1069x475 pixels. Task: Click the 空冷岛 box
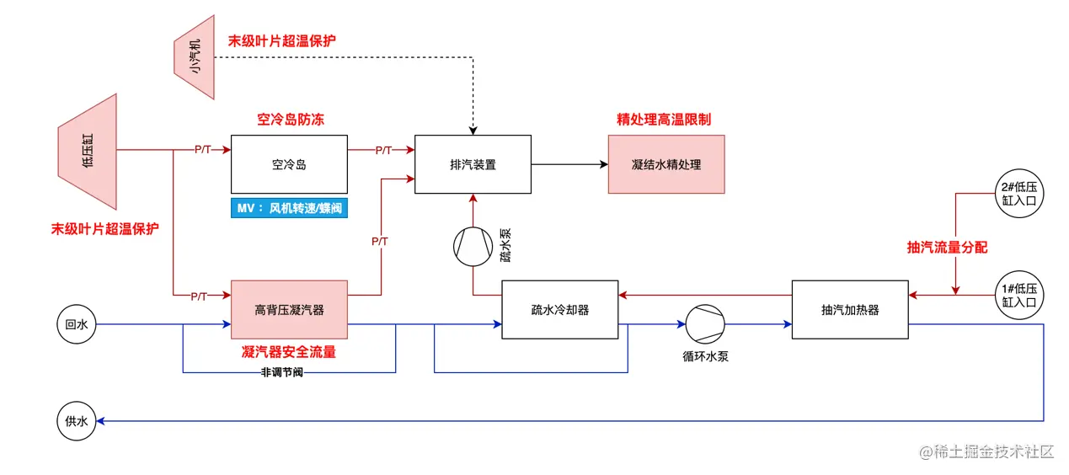click(289, 164)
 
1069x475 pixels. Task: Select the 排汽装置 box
click(473, 164)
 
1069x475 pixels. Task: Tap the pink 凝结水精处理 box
click(665, 164)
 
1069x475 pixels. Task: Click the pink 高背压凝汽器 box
click(289, 309)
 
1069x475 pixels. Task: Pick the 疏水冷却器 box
click(559, 309)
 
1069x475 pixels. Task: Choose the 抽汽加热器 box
click(850, 309)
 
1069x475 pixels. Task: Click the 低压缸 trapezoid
click(88, 152)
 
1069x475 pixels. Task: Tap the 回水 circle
click(77, 324)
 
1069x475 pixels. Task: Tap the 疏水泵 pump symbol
click(473, 246)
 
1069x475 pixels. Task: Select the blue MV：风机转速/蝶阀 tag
click(289, 208)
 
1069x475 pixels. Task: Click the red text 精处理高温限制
click(664, 120)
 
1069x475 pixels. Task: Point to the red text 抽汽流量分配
click(946, 247)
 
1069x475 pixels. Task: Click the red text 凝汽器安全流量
click(289, 352)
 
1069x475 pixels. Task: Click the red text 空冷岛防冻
click(290, 120)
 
